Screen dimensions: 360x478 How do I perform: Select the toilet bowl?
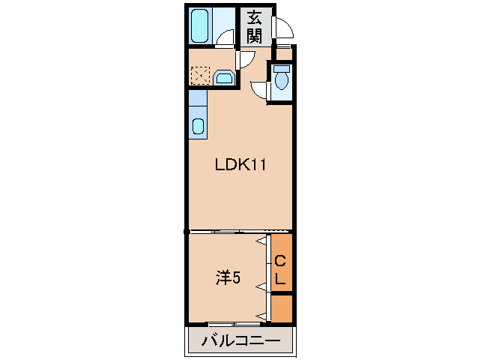tap(281, 80)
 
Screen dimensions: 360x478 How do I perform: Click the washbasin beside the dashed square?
tap(223, 76)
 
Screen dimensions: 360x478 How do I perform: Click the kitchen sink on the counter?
tap(198, 125)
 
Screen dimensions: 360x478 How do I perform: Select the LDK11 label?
tap(240, 166)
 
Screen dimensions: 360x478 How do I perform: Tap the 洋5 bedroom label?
tap(228, 277)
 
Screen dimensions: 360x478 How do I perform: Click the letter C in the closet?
tap(280, 261)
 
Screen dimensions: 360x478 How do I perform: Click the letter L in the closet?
tap(280, 279)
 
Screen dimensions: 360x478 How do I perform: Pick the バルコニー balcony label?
tap(241, 342)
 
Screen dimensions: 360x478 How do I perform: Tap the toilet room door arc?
tap(258, 90)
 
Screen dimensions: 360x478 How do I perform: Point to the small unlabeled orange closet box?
tap(281, 308)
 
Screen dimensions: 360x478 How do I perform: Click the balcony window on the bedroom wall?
tap(235, 323)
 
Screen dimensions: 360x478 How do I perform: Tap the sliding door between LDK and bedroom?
tap(240, 231)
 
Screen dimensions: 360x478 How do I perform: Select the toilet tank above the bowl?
tap(281, 69)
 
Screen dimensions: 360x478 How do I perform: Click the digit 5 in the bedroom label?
tap(236, 278)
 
